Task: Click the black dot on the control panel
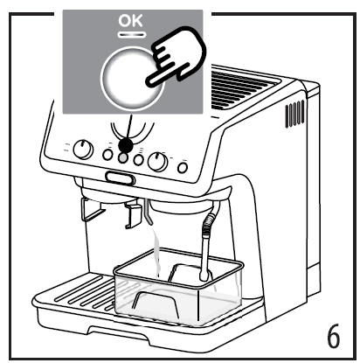tap(127, 143)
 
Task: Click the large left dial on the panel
tap(83, 150)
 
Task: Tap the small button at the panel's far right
tap(182, 166)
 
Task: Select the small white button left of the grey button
tap(108, 155)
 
